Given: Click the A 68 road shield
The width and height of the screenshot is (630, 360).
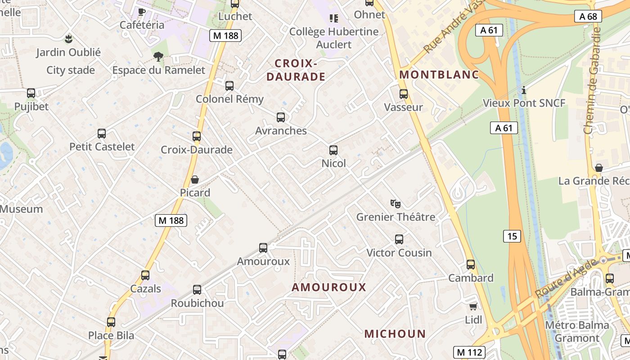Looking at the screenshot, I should (588, 17).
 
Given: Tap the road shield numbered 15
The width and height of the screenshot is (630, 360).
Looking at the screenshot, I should (513, 236).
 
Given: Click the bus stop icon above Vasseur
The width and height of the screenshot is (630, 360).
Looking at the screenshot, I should (404, 94).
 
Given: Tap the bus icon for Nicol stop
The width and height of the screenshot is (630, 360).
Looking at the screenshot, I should (333, 150).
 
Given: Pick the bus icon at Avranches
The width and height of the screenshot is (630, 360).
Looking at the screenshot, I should (281, 117).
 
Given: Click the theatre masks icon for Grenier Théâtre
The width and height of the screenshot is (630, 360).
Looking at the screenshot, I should (396, 204).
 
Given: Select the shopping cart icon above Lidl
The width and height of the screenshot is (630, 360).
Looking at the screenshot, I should (473, 307).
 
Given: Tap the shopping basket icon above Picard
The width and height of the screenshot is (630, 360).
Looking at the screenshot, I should (195, 180).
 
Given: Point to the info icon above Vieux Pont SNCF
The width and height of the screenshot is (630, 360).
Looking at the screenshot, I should (524, 90).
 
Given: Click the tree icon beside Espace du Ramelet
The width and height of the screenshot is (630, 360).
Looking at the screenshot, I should (158, 57).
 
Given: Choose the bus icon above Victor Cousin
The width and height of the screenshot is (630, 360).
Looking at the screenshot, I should (399, 239).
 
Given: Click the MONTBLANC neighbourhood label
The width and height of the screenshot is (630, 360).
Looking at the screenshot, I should (439, 75).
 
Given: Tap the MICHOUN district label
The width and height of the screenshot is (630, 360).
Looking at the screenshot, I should (395, 334).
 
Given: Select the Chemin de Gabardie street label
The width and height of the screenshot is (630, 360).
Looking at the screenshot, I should (593, 81).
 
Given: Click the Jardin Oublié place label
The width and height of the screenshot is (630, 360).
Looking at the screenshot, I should (68, 52).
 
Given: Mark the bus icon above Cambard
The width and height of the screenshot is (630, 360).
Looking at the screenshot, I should (471, 265).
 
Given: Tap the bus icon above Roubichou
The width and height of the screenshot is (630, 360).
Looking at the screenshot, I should (197, 290).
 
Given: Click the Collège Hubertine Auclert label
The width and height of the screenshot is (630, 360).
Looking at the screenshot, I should (334, 38).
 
